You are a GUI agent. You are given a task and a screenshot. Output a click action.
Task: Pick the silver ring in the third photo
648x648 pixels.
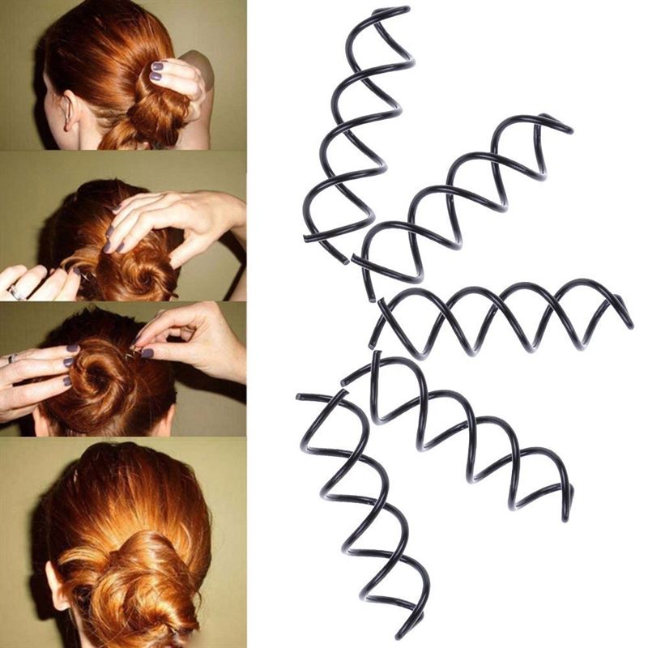[12, 357]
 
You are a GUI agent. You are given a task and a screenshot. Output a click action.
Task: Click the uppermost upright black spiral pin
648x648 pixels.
[356, 130]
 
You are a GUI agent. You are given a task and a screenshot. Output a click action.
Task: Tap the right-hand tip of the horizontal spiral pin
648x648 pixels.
[630, 326]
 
